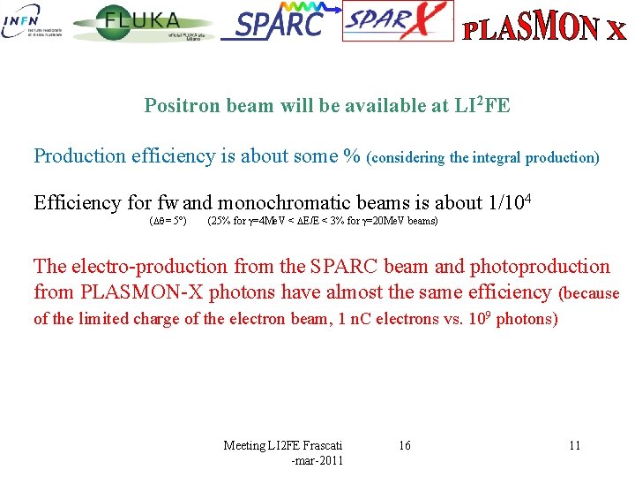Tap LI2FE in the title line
click(482, 105)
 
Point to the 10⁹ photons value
click(517, 318)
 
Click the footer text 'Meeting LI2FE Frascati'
click(283, 445)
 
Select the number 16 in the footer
click(404, 445)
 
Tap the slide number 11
click(574, 445)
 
